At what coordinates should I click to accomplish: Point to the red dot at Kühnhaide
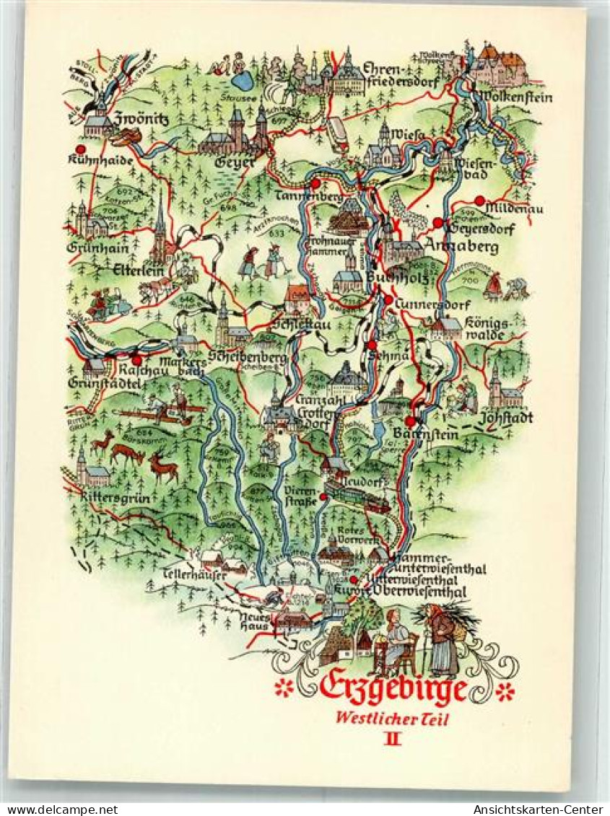pyautogui.click(x=80, y=149)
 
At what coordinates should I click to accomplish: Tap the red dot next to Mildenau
pyautogui.click(x=479, y=200)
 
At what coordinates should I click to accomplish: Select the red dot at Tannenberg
pyautogui.click(x=315, y=183)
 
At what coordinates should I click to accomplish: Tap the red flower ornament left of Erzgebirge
pyautogui.click(x=284, y=688)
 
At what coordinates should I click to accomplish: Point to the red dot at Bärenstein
pyautogui.click(x=410, y=421)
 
